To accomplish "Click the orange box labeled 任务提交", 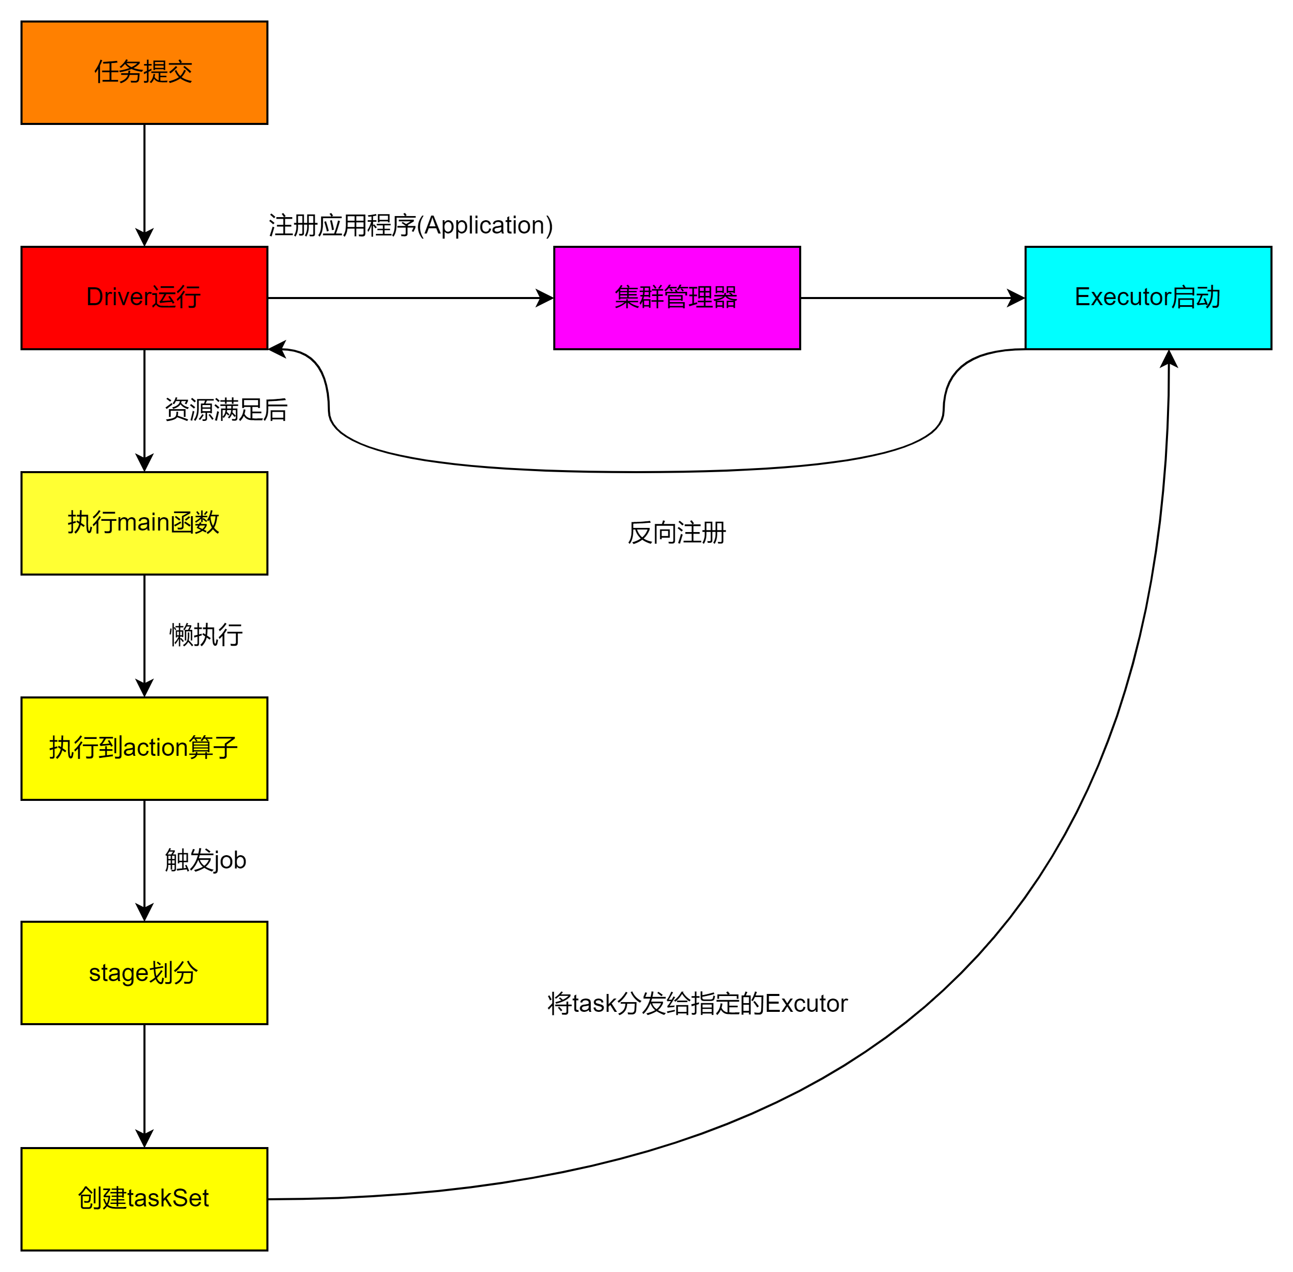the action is pyautogui.click(x=144, y=73).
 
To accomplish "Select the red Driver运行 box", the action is pyautogui.click(x=144, y=298).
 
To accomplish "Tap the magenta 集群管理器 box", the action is pyautogui.click(x=677, y=298).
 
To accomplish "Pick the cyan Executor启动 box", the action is pyautogui.click(x=1148, y=298).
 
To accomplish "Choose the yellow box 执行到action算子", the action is pyautogui.click(x=144, y=748).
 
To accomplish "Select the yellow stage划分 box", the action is pyautogui.click(x=144, y=973).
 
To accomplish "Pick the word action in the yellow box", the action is pyautogui.click(x=156, y=748).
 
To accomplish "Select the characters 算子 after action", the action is pyautogui.click(x=213, y=748).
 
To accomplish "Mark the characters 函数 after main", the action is pyautogui.click(x=195, y=522).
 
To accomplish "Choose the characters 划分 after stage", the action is pyautogui.click(x=173, y=973).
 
